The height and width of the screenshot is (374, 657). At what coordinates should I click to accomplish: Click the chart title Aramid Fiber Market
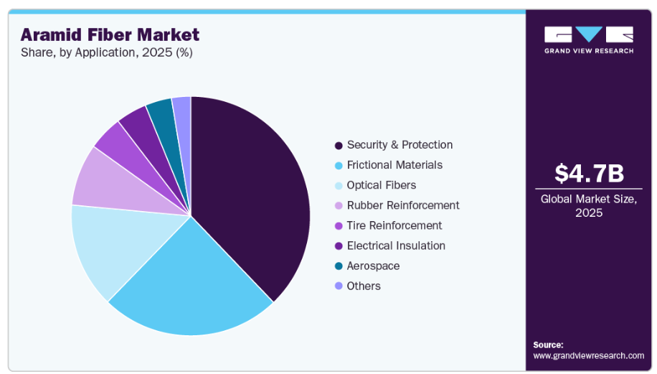pyautogui.click(x=110, y=34)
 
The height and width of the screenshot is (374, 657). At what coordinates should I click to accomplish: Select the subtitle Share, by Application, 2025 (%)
pyautogui.click(x=106, y=52)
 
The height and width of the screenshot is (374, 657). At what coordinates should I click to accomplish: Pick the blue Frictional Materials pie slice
pyautogui.click(x=190, y=280)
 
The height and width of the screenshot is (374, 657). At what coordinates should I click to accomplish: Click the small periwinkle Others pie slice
pyautogui.click(x=182, y=108)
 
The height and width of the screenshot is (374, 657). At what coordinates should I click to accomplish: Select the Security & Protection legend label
pyautogui.click(x=400, y=145)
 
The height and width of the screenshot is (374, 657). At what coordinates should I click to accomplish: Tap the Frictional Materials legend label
pyautogui.click(x=394, y=165)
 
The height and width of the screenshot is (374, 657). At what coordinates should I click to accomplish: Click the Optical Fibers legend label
pyautogui.click(x=381, y=185)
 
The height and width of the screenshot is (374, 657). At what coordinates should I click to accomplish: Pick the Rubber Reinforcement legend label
pyautogui.click(x=403, y=205)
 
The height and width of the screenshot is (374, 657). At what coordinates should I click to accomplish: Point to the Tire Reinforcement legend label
pyautogui.click(x=394, y=225)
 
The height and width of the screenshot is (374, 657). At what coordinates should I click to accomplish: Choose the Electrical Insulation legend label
pyautogui.click(x=396, y=246)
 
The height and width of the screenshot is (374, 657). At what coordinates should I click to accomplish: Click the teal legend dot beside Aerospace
pyautogui.click(x=338, y=266)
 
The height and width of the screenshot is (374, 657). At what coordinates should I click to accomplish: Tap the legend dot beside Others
pyautogui.click(x=338, y=286)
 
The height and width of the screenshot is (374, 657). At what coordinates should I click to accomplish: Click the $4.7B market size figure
pyautogui.click(x=589, y=173)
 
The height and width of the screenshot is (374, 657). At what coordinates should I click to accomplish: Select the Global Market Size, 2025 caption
pyautogui.click(x=589, y=206)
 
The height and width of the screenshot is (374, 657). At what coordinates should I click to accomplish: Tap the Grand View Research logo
pyautogui.click(x=589, y=40)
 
